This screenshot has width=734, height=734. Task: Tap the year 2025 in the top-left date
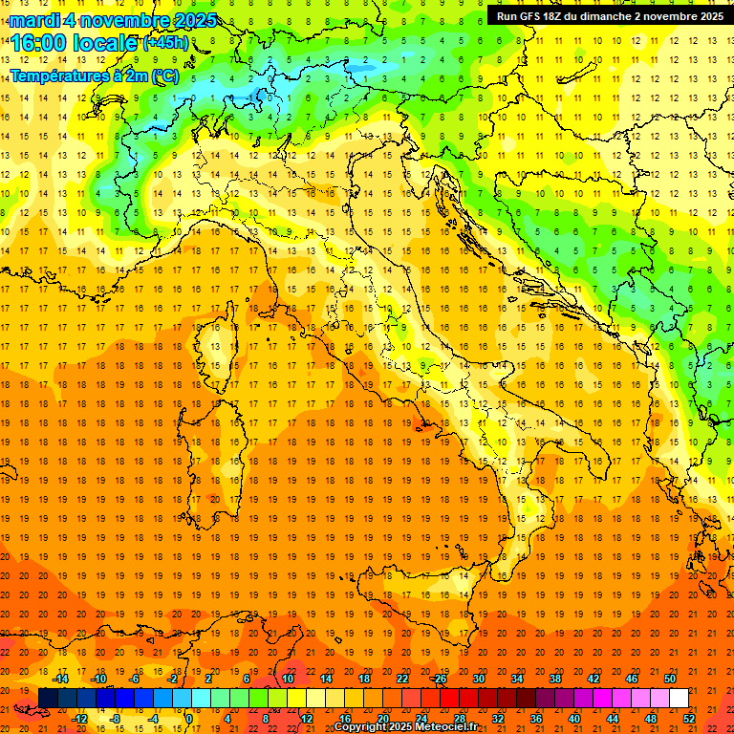[x=195, y=20]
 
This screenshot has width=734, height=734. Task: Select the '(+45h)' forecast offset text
[x=165, y=43]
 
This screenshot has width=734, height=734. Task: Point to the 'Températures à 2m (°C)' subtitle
[x=94, y=76]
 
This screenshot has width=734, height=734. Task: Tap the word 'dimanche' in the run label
[x=605, y=15]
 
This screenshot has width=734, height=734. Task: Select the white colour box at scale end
[x=680, y=699]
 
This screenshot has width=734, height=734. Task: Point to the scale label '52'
[x=689, y=719]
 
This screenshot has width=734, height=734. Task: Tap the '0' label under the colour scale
[x=190, y=719]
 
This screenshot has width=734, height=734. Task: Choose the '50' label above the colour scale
[x=670, y=679]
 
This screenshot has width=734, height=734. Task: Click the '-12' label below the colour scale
[x=79, y=719]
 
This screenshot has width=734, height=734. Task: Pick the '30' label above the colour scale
[x=478, y=679]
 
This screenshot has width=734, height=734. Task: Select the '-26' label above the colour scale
[x=440, y=679]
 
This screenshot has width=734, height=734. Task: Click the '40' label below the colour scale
[x=573, y=719]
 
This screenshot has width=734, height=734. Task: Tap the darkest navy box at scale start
[x=48, y=699]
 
